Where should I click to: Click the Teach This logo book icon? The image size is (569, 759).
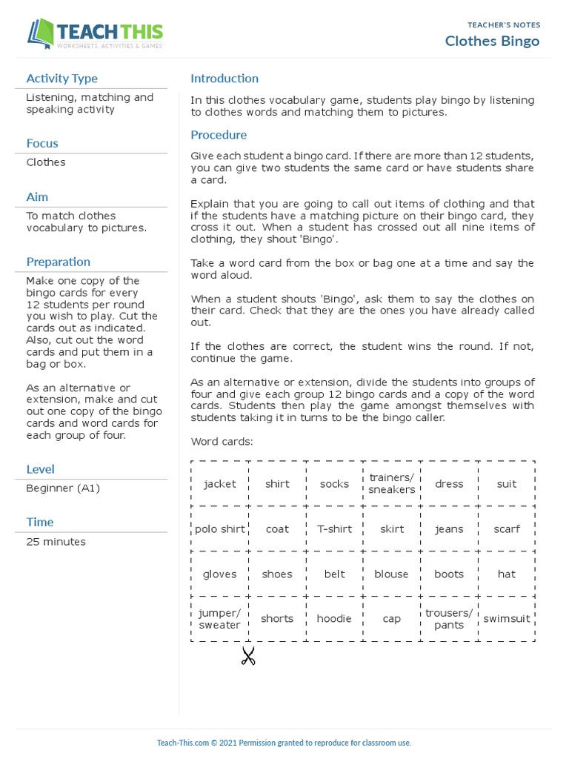[41, 34]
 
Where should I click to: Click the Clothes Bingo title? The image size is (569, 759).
[492, 41]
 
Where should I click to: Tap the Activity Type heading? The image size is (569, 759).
[61, 79]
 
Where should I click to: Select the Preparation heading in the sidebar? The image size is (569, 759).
[58, 262]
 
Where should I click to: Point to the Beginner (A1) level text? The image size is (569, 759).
[62, 488]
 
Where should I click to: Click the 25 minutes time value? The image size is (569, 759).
[56, 542]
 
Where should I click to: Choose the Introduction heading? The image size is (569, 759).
[224, 79]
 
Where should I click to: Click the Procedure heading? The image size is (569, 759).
[219, 135]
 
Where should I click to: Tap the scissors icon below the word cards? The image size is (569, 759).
[248, 656]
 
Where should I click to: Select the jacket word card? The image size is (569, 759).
[219, 484]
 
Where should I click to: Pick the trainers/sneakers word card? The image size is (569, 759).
[392, 483]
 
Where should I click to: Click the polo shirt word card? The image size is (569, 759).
[219, 529]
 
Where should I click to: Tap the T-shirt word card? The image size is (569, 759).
[334, 529]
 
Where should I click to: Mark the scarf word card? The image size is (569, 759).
[507, 529]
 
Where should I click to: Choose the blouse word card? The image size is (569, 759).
[391, 574]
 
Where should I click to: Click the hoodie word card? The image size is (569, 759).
[334, 619]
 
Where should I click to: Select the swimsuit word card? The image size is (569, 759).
[507, 619]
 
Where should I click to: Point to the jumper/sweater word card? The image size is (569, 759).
[219, 619]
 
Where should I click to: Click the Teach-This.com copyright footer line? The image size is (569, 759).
[284, 743]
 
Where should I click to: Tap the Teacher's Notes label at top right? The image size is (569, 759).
[504, 25]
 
